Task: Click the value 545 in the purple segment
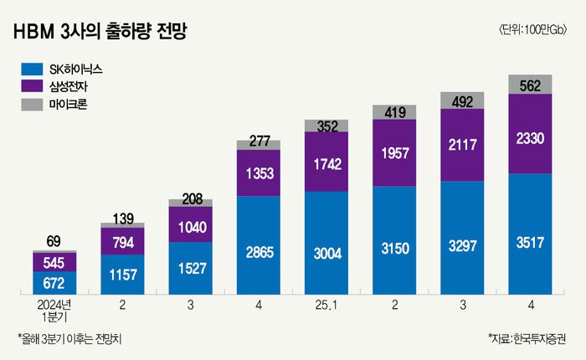click(54, 261)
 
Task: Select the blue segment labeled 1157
click(122, 274)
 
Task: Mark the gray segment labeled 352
click(326, 126)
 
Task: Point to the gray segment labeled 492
click(462, 101)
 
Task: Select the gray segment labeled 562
click(530, 84)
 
